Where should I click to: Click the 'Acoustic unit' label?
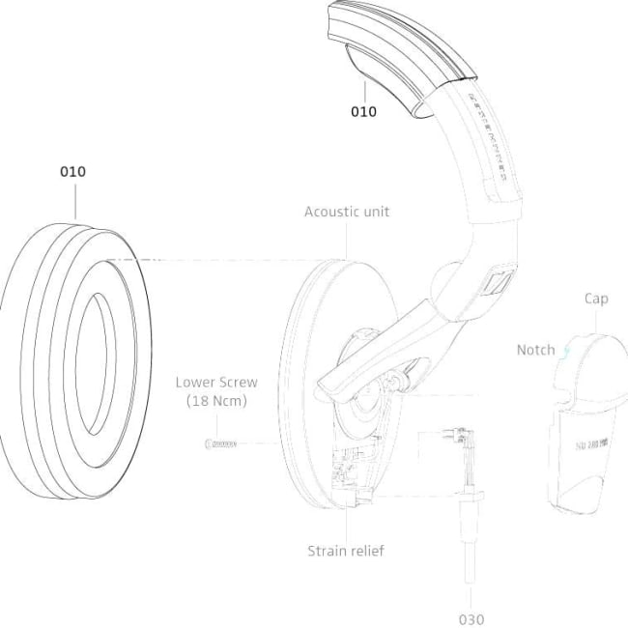[347, 212]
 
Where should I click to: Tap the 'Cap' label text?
[596, 299]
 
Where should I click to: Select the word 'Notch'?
[535, 349]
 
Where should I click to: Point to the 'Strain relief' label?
[346, 551]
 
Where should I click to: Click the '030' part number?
[471, 618]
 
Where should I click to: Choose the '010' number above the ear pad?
[72, 171]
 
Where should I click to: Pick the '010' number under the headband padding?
[363, 111]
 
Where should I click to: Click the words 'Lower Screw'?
[216, 383]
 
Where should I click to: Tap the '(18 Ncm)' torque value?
[216, 401]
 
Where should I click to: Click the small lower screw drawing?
[221, 443]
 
